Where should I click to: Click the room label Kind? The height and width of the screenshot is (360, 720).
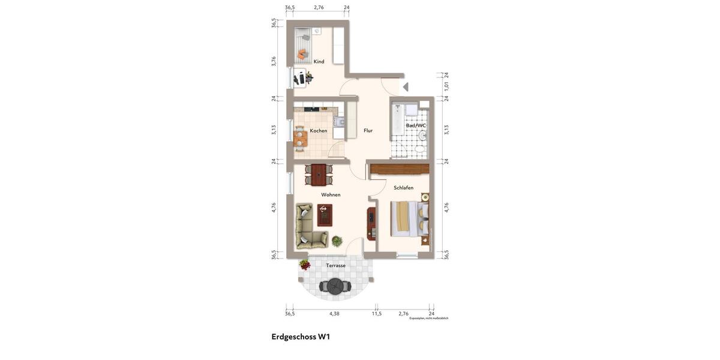tap(319, 61)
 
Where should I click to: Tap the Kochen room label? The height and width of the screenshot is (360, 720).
tap(319, 131)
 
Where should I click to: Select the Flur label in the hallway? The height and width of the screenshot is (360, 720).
tap(368, 130)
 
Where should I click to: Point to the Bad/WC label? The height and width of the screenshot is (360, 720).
tap(416, 125)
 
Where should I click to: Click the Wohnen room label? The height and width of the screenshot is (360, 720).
tap(331, 194)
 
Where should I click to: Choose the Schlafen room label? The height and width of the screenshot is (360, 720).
tap(403, 188)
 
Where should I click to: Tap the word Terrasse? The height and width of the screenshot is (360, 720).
tap(335, 265)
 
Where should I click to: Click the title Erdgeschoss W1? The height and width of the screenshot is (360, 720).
tap(301, 337)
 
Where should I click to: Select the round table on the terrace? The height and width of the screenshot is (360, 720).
tap(334, 286)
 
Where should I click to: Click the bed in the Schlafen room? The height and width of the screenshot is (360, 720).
tap(408, 218)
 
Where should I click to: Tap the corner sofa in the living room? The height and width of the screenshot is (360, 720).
tap(307, 228)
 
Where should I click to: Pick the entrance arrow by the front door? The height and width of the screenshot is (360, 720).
tap(406, 87)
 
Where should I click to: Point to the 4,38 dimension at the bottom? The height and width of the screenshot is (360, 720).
tap(334, 314)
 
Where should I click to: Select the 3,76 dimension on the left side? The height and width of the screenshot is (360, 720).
tap(274, 61)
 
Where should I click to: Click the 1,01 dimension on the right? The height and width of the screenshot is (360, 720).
tap(446, 86)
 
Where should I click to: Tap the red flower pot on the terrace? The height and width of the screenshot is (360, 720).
tap(305, 265)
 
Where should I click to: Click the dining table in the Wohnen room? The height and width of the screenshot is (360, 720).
tap(318, 175)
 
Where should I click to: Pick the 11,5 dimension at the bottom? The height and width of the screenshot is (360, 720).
tap(376, 314)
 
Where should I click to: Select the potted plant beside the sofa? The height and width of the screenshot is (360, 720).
tap(337, 241)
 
